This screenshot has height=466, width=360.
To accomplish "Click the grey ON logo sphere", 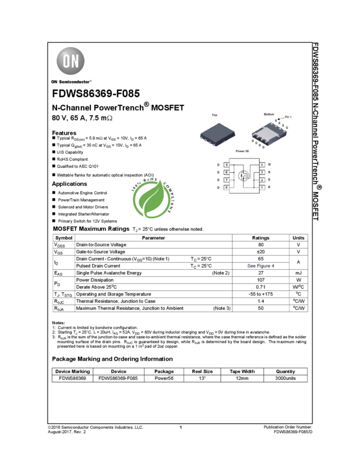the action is tap(71, 61).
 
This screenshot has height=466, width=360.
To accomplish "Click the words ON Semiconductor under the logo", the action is tap(70, 82).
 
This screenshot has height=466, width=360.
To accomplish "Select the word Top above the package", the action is tap(214, 115).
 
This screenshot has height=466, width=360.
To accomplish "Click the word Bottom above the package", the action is tap(269, 114).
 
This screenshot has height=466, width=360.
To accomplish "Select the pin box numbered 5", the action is tap(226, 164).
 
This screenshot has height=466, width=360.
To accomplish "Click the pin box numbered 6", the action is tap(226, 172).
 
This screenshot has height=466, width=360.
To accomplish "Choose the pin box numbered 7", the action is tap(226, 180).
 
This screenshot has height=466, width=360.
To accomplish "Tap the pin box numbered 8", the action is tap(226, 187).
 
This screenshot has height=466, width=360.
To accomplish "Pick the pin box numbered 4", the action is tap(262, 164).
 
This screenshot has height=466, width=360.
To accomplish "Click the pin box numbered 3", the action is tap(262, 172).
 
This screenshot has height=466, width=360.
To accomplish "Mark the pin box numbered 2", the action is tap(262, 180).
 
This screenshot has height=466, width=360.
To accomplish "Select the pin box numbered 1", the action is tap(262, 187).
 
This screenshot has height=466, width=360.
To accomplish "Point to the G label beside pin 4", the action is tap(270, 164).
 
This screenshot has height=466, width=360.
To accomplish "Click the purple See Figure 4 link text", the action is tap(261, 266).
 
